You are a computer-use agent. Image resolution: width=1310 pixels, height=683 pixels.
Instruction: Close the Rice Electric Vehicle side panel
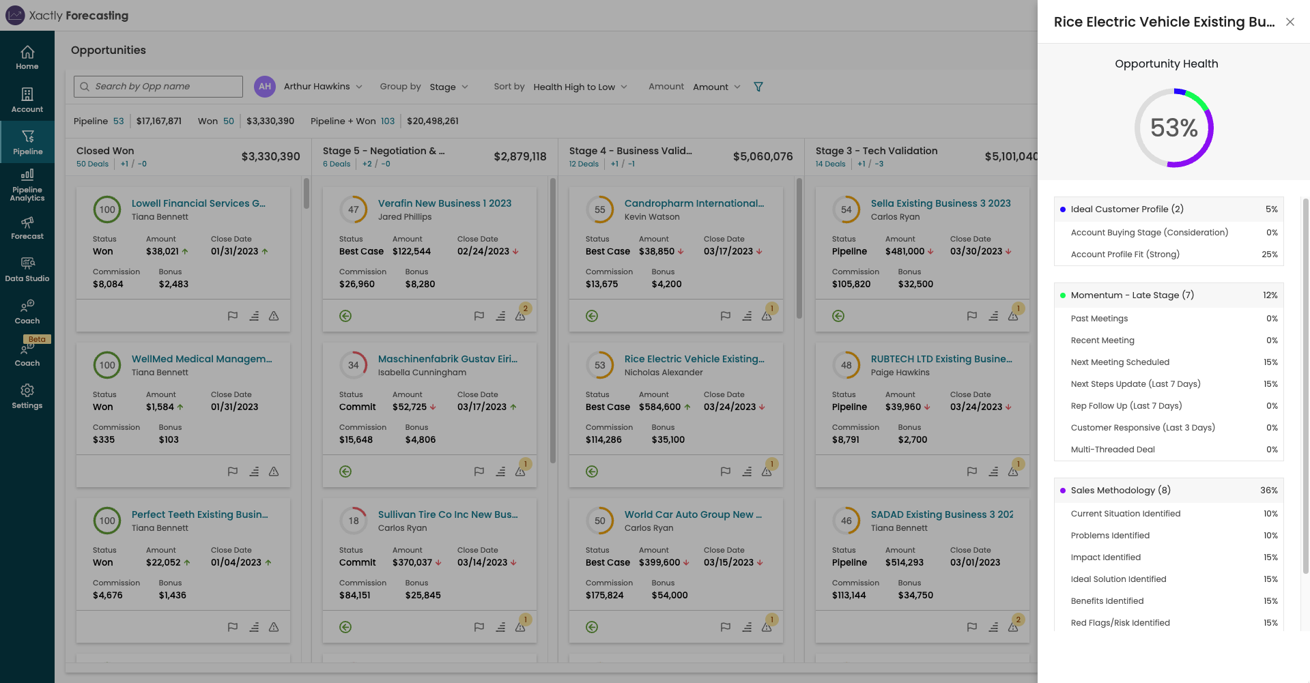1290,22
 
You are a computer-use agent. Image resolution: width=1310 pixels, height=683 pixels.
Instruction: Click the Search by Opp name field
158,87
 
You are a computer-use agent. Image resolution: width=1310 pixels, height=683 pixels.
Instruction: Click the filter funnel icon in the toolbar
758,87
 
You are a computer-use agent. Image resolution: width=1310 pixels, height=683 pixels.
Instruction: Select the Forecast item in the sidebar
27,228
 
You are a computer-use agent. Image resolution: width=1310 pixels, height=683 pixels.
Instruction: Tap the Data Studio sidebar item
27,270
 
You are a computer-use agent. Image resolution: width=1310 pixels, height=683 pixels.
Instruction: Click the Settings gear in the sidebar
27,396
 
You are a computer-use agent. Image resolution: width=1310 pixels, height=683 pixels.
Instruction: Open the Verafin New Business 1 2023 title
444,203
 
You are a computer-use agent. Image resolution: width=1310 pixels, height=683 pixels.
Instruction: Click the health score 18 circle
354,521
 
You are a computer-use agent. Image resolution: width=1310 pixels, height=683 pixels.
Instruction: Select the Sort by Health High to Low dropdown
580,87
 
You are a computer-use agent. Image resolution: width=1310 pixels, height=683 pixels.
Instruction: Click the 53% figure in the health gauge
1173,128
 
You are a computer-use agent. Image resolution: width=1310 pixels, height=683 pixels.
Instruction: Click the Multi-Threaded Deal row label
1113,450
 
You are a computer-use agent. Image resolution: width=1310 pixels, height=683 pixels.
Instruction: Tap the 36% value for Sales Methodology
1268,491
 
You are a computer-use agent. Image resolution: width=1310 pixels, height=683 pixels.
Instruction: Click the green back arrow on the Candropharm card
592,316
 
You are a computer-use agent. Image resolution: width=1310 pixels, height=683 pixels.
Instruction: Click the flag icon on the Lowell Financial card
233,316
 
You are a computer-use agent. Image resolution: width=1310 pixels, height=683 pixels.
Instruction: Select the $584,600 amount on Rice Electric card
659,407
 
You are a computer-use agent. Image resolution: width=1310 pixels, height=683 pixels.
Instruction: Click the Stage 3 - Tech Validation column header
876,151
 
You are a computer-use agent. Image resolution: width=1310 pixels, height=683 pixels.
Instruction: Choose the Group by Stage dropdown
448,87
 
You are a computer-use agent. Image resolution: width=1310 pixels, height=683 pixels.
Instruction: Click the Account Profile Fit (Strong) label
1124,255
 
